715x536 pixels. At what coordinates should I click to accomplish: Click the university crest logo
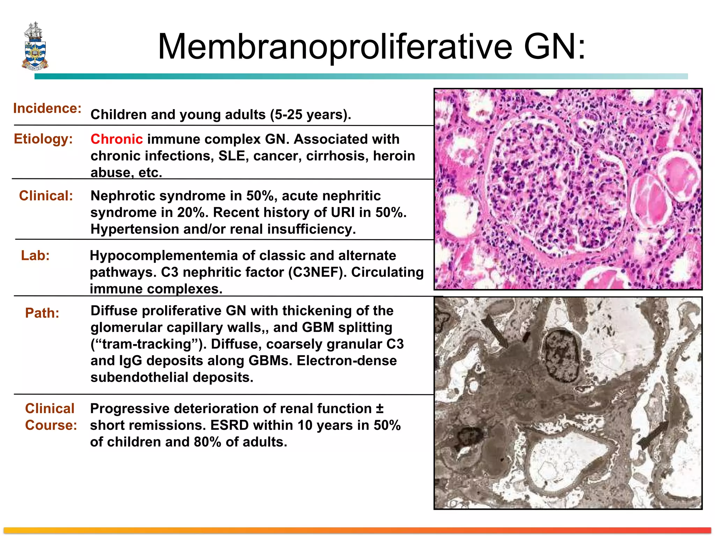(35, 46)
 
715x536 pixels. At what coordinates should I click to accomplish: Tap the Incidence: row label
(47, 108)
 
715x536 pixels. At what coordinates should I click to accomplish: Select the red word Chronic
(117, 139)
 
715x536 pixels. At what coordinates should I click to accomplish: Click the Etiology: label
(43, 139)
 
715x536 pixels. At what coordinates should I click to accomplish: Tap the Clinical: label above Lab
(46, 196)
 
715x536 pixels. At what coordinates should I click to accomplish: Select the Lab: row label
(35, 255)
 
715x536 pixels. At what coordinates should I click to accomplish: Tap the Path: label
(42, 313)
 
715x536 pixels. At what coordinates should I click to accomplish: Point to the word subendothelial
(140, 377)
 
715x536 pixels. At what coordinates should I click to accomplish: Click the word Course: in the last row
(51, 425)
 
